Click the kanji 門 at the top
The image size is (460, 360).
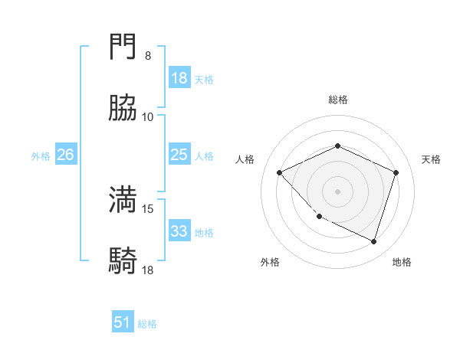pos(123,49)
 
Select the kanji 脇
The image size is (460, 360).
pos(123,110)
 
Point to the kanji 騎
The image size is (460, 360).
pos(123,261)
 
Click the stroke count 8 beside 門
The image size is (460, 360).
pos(148,56)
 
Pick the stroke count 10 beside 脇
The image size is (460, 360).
pos(148,117)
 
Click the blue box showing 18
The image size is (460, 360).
pos(179,78)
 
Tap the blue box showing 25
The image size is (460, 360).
pos(179,155)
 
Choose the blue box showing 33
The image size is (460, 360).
pos(179,231)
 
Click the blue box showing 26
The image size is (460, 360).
pos(65,155)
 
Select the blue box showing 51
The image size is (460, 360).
pos(123,322)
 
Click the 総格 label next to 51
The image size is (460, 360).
pos(147,324)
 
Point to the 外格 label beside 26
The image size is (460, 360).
pos(41,156)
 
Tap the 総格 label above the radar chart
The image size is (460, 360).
pos(337,100)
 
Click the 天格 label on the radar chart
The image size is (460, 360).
pos(431,159)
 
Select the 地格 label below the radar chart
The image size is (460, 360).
pos(402,262)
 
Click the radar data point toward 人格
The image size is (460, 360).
pos(280,172)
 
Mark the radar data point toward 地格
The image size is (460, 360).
pos(373,241)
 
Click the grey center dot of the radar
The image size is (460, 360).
pos(337,191)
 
